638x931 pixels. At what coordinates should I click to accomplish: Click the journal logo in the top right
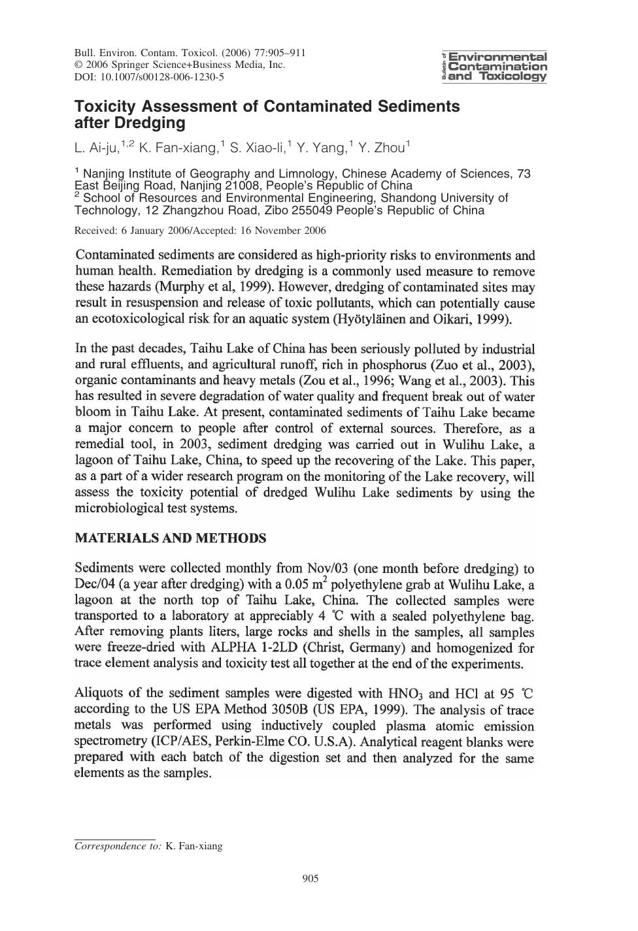(495, 67)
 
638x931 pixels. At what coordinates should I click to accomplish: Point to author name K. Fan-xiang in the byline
(178, 149)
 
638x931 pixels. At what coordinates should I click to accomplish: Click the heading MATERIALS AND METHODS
(171, 538)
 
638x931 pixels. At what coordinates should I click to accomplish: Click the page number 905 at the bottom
(311, 879)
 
